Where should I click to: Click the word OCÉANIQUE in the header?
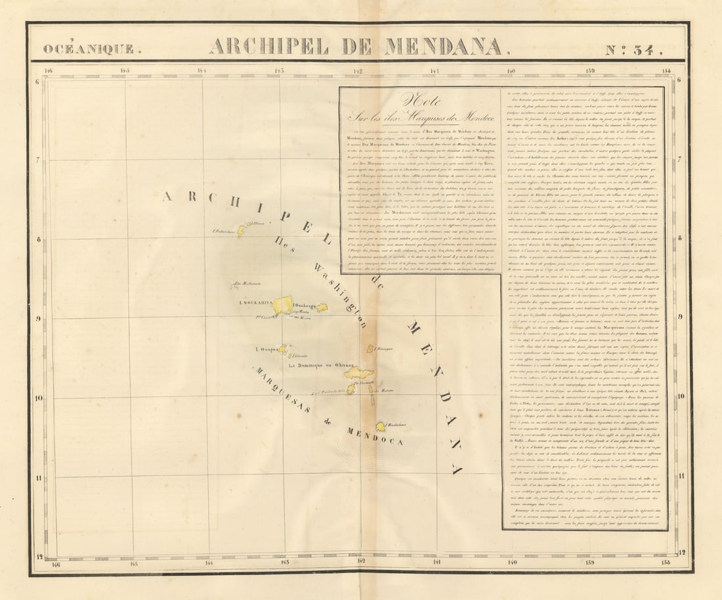[88, 49]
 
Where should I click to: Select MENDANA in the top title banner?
[444, 47]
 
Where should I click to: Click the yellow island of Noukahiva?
[283, 305]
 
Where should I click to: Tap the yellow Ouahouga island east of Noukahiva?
[322, 307]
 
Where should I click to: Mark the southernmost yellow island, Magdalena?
[381, 427]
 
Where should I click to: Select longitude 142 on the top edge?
[357, 70]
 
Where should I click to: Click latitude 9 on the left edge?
[39, 319]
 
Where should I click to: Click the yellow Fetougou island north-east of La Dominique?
[371, 349]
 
